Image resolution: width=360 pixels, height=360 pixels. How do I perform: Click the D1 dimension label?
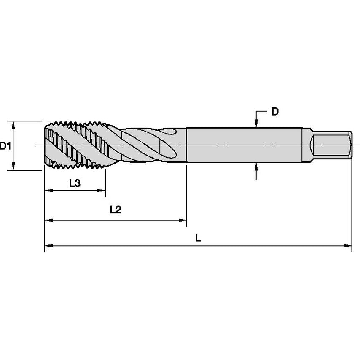pos(5,146)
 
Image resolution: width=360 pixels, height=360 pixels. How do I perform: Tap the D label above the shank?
pos(275,112)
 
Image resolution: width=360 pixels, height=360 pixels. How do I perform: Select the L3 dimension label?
pos(75,183)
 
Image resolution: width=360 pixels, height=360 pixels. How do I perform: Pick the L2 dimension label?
pos(115,210)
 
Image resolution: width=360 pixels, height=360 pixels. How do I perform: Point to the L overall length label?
pos(198,238)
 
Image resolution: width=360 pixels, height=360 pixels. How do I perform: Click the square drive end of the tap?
pos(331,145)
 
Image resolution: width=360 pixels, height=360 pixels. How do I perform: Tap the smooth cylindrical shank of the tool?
pos(244,145)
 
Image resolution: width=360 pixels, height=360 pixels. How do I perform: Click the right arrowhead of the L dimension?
pos(348,246)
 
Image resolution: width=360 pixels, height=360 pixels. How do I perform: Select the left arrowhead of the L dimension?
pos(48,246)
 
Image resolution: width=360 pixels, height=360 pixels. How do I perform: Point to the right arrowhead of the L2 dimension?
pos(183,220)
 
